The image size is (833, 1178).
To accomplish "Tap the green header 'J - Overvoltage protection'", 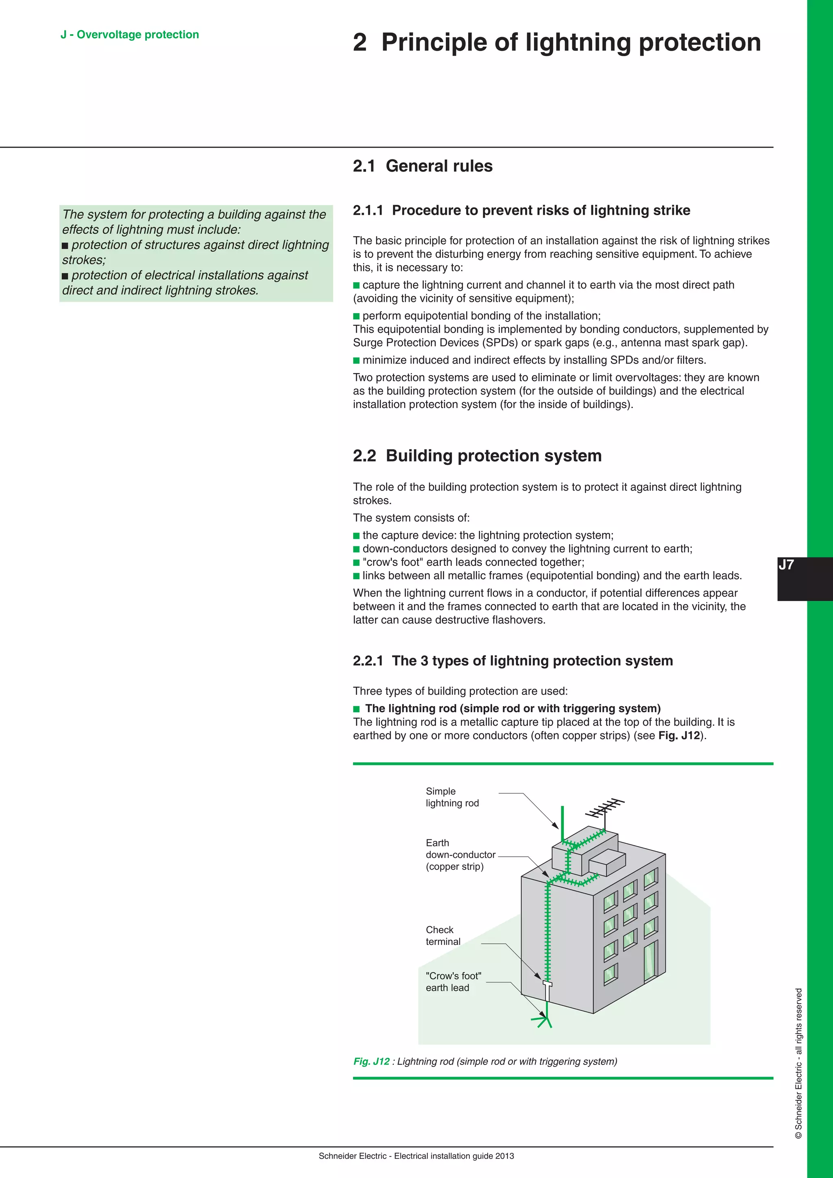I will click(x=130, y=35).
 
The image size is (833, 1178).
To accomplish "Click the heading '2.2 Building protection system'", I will click(x=477, y=456).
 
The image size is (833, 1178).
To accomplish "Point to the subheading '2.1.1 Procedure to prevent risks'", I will click(x=521, y=210).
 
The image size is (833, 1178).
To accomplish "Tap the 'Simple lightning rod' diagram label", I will click(x=452, y=797).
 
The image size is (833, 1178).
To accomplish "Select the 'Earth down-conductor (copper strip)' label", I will click(x=460, y=854).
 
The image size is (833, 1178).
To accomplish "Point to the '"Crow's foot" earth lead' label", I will click(x=453, y=982).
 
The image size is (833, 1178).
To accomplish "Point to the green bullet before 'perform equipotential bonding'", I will click(x=356, y=316).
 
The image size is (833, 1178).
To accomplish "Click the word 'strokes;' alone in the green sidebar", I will click(x=84, y=260).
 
